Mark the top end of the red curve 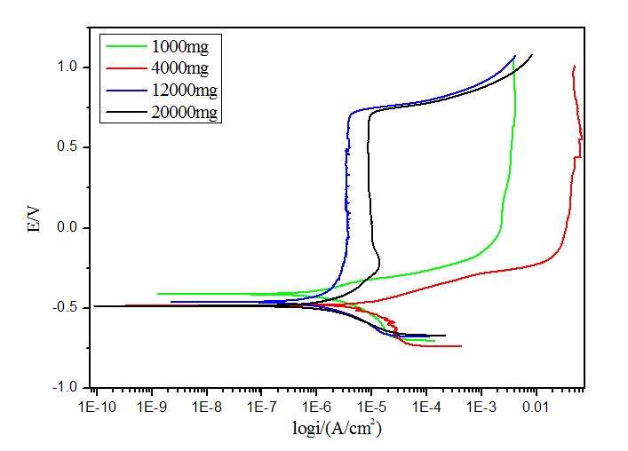click(x=575, y=66)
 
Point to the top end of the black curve click(x=532, y=55)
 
